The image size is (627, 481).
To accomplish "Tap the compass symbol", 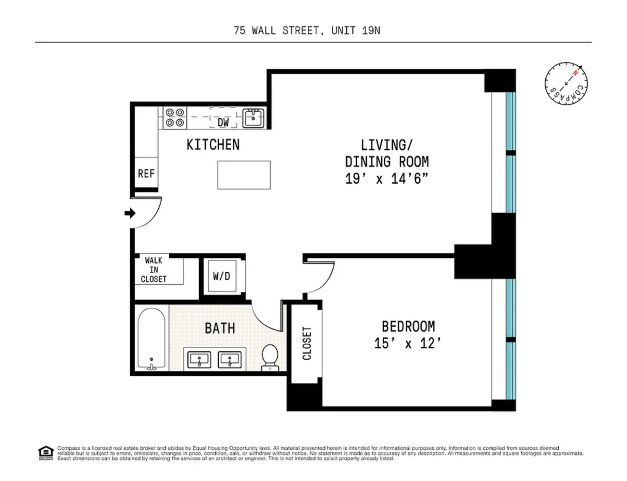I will (566, 84).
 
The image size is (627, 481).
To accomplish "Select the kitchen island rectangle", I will (244, 175).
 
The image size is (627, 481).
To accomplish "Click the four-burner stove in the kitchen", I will (175, 117).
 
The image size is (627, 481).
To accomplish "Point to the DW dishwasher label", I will (224, 122).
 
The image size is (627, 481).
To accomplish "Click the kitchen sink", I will (253, 117).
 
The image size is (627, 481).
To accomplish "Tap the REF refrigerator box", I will (146, 173).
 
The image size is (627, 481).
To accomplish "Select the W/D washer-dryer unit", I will (222, 276).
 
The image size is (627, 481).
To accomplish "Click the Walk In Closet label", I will (154, 270).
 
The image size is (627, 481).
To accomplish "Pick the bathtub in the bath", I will (151, 340).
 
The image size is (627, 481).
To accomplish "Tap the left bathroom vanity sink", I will (199, 359).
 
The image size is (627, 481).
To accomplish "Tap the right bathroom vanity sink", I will (230, 359).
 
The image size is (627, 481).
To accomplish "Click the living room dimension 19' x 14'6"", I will (387, 179).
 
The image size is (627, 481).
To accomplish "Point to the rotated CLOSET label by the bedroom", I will (307, 343).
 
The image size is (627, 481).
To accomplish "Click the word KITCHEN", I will (213, 145).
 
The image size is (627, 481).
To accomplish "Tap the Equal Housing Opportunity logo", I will (45, 453).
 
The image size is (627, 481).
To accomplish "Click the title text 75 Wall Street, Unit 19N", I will (307, 31).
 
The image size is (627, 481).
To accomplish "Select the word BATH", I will (220, 329).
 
